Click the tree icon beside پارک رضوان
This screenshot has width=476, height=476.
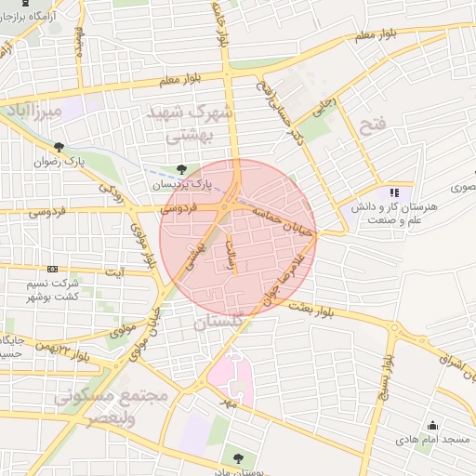(x=59, y=146)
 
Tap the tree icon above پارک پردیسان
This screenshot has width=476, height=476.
(x=180, y=169)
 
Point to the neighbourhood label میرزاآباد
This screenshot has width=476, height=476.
(x=33, y=112)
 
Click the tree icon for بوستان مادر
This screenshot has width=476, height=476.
(x=238, y=457)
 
